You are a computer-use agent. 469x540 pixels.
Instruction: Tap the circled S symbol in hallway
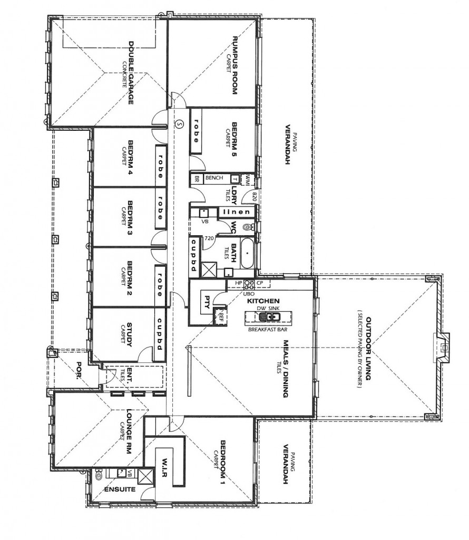tap(179, 124)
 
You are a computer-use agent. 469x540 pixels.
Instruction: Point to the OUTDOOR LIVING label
tap(368, 349)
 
